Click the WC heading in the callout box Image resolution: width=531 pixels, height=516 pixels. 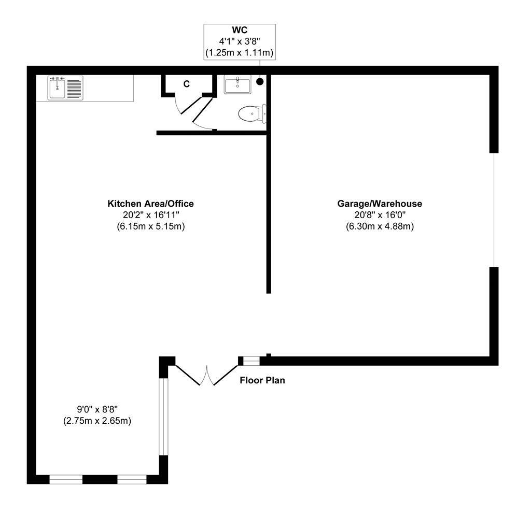pyautogui.click(x=239, y=31)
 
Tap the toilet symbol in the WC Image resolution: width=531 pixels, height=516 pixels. pyautogui.click(x=251, y=112)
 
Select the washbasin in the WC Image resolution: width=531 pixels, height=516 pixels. pyautogui.click(x=237, y=84)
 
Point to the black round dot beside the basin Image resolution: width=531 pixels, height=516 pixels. pyautogui.click(x=260, y=81)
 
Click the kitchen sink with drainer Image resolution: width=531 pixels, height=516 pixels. pyautogui.click(x=65, y=88)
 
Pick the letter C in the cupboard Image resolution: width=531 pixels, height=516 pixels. pyautogui.click(x=186, y=83)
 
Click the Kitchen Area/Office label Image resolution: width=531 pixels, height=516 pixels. pyautogui.click(x=150, y=204)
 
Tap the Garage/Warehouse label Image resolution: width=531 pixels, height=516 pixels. pyautogui.click(x=380, y=204)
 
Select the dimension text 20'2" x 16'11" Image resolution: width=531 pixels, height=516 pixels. pyautogui.click(x=150, y=215)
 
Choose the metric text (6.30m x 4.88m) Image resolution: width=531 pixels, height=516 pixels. pyautogui.click(x=380, y=226)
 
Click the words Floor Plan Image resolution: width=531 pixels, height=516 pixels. pyautogui.click(x=262, y=380)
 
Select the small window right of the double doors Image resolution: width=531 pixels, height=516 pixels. pyautogui.click(x=251, y=361)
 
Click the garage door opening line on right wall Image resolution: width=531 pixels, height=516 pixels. pyautogui.click(x=494, y=210)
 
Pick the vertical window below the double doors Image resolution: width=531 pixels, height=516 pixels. pyautogui.click(x=164, y=417)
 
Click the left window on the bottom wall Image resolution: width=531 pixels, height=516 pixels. pyautogui.click(x=66, y=479)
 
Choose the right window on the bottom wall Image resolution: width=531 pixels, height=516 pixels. pyautogui.click(x=133, y=479)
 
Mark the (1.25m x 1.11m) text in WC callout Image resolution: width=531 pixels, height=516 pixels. pyautogui.click(x=239, y=52)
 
